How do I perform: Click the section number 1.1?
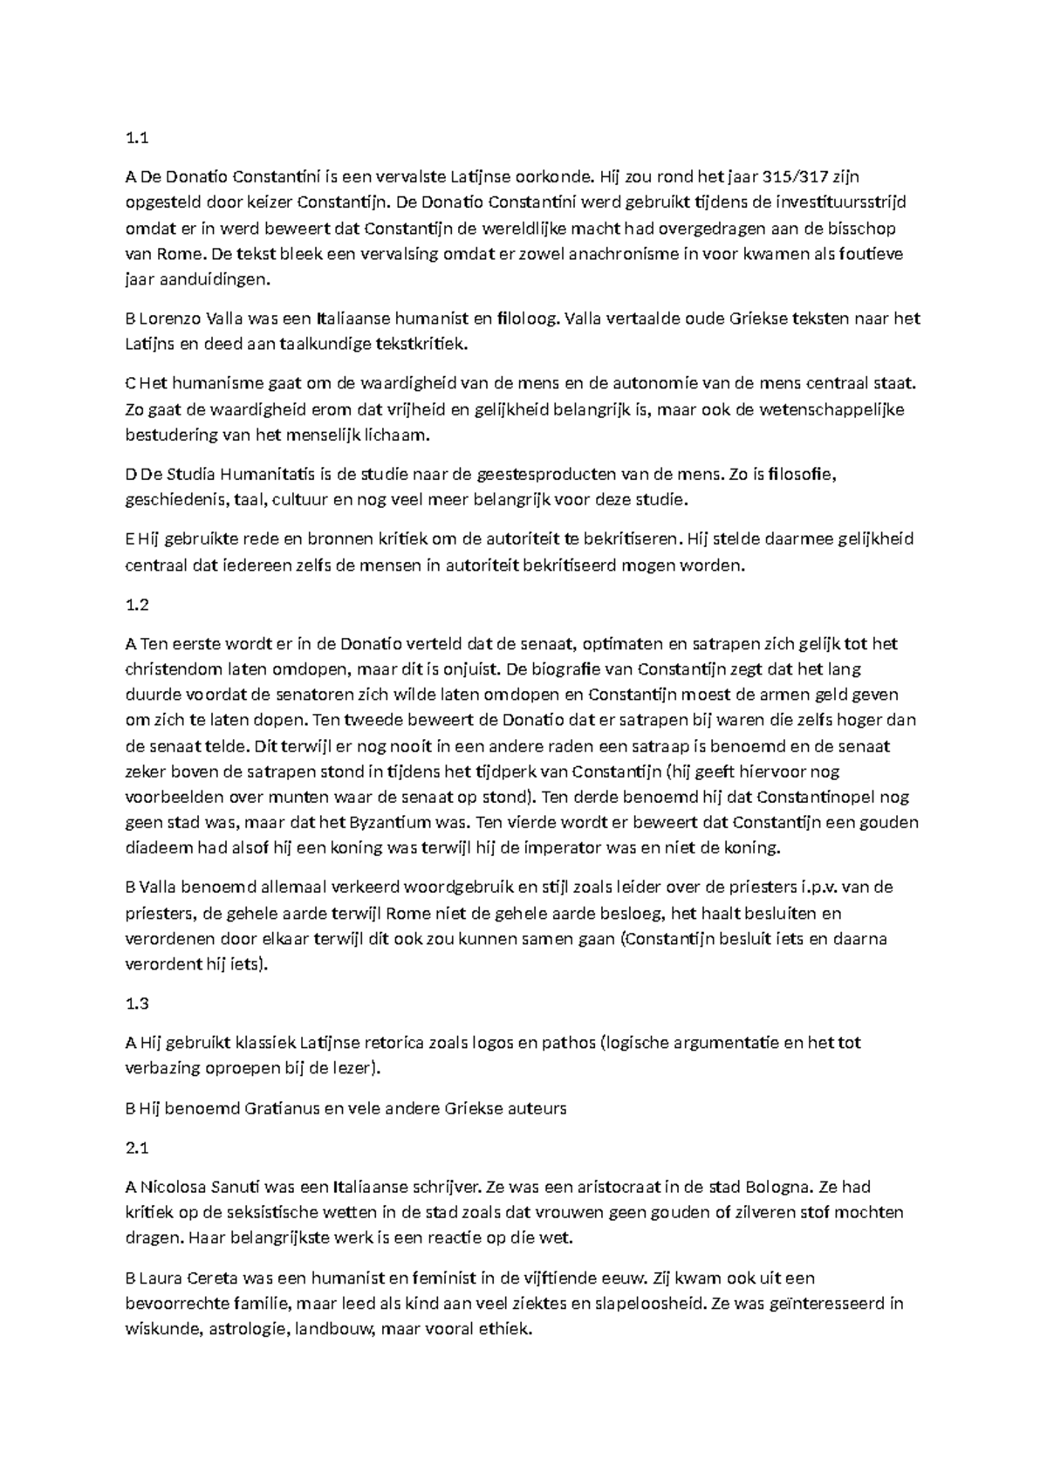(x=138, y=137)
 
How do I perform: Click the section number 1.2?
(x=138, y=604)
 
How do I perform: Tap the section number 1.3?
(x=138, y=1003)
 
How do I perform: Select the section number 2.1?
(x=138, y=1148)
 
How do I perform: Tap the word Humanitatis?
(x=266, y=474)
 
